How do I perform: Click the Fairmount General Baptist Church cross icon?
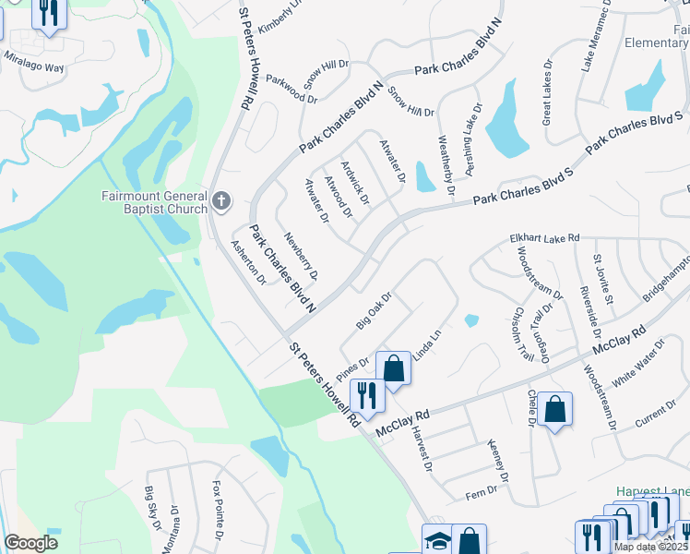point(220,200)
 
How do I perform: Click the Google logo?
point(31,542)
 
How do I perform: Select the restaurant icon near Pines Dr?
point(367,394)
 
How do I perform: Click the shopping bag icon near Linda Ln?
point(393,368)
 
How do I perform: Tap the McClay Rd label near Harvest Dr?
point(404,425)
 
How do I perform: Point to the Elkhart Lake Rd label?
point(544,238)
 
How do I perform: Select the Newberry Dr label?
point(301,257)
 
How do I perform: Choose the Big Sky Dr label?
point(151,506)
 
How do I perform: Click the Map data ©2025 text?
point(650,547)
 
